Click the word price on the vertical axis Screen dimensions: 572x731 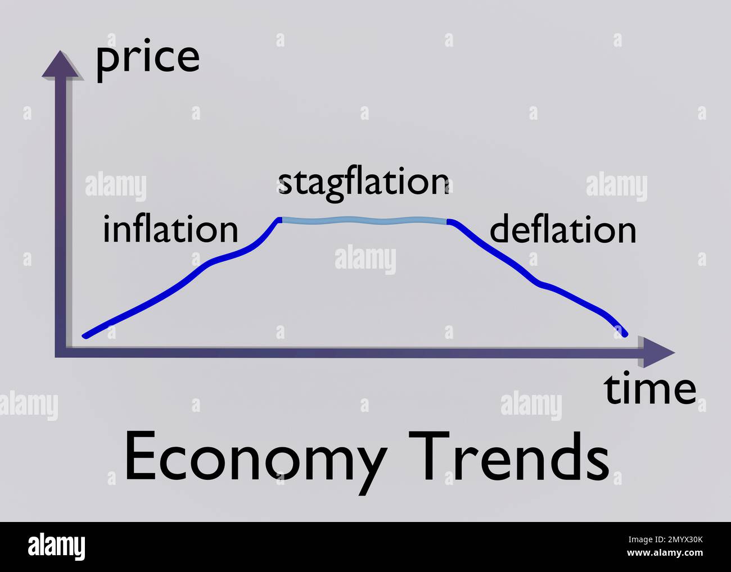click(x=148, y=58)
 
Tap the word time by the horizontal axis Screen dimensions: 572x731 click(x=650, y=389)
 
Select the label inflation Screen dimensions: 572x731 click(x=170, y=229)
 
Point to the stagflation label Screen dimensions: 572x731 click(x=363, y=183)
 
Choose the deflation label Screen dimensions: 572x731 click(x=563, y=230)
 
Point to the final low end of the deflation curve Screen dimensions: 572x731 click(x=625, y=334)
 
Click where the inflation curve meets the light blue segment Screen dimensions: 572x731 click(x=279, y=219)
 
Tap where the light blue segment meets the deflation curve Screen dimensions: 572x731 click(x=448, y=221)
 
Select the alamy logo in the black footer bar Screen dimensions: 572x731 click(x=57, y=547)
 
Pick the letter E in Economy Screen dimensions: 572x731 click(x=139, y=456)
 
